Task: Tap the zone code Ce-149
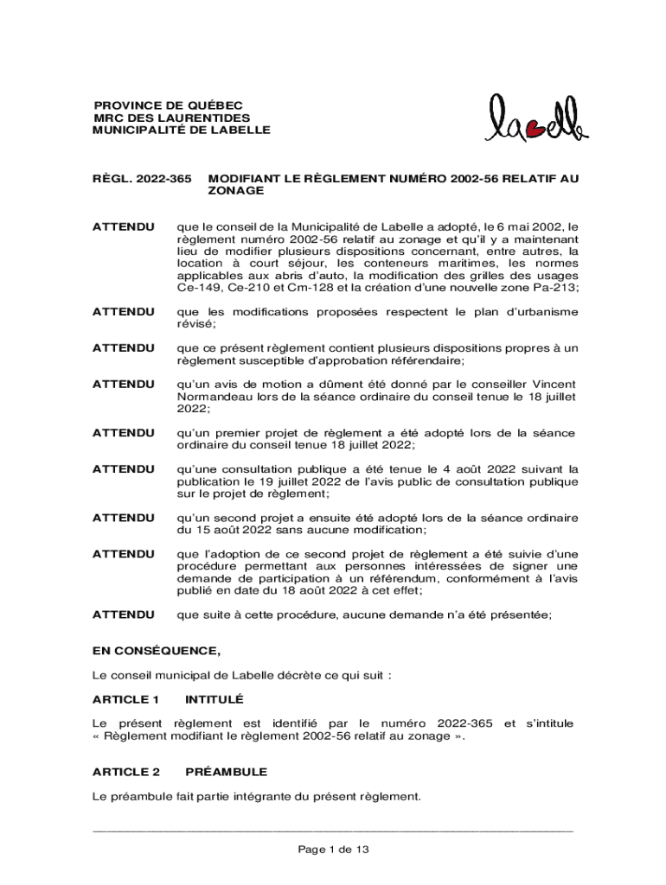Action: point(200,287)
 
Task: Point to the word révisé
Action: point(195,323)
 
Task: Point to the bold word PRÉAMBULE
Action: point(227,771)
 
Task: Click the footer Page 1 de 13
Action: point(333,850)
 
